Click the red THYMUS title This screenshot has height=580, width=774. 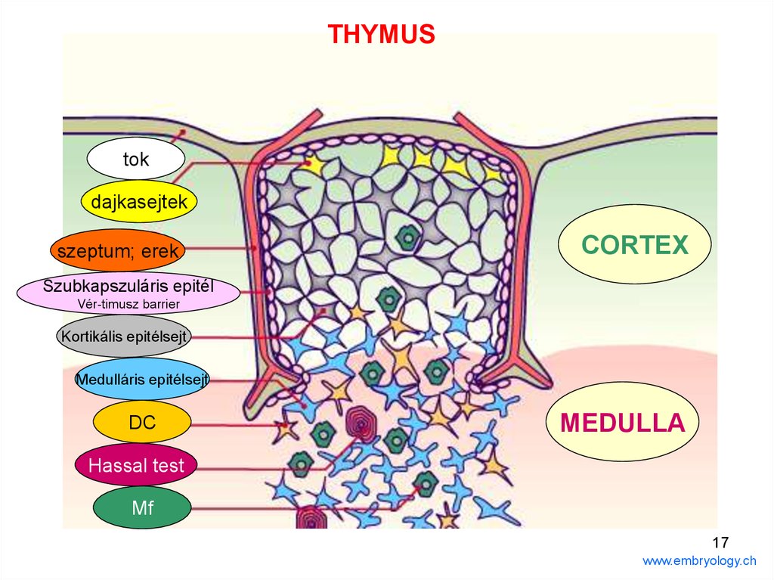[381, 34]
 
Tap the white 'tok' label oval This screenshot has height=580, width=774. [136, 159]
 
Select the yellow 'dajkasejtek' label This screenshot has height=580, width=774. [139, 202]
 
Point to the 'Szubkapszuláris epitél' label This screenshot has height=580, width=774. [128, 287]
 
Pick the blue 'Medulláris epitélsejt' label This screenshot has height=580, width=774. [142, 380]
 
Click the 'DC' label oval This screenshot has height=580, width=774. [141, 422]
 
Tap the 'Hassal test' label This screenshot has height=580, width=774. [136, 465]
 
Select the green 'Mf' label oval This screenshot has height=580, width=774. [142, 507]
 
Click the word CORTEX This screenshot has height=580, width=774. [634, 245]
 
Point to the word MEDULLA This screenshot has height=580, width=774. [622, 422]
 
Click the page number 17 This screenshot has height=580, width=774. [720, 541]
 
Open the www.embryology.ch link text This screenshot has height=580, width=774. [698, 560]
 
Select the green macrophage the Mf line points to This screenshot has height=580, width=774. [426, 481]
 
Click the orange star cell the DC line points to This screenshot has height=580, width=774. [285, 428]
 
